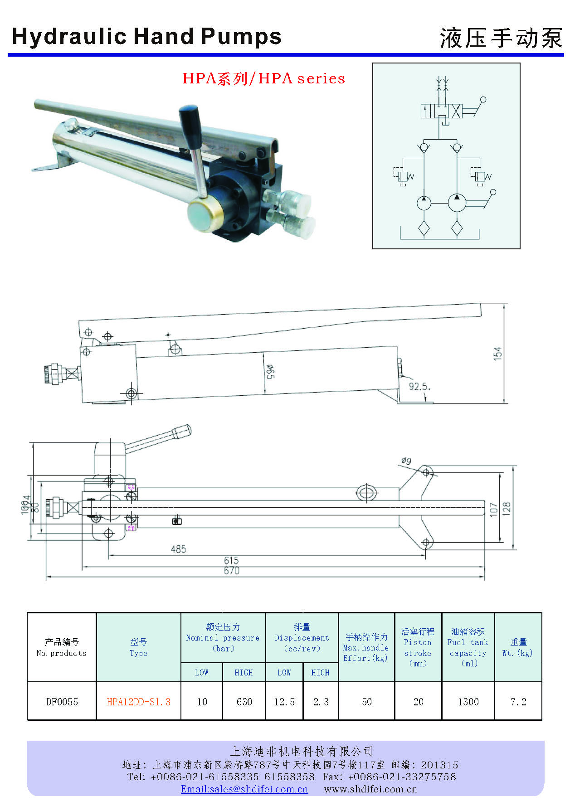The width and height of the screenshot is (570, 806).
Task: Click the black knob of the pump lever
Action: click(190, 122)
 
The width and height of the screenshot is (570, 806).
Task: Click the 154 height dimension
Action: click(498, 353)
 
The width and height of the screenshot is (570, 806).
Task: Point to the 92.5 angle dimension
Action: click(419, 387)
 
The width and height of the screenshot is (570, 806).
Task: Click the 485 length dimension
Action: click(178, 549)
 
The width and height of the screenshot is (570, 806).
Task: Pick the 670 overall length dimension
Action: click(231, 571)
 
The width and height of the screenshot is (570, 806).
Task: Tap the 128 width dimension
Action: click(507, 508)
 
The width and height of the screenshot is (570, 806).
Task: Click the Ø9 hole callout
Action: click(406, 461)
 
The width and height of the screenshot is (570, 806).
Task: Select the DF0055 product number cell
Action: click(62, 702)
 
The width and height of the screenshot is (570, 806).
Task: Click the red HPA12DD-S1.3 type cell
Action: click(138, 702)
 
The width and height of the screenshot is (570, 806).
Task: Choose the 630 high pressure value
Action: click(244, 702)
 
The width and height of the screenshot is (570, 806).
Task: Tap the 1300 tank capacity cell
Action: click(468, 702)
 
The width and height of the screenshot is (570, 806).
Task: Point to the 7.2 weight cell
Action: click(518, 702)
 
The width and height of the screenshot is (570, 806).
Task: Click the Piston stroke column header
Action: click(418, 647)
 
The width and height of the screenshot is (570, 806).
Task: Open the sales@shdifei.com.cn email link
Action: click(244, 789)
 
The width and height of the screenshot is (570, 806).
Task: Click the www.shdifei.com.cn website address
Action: click(370, 789)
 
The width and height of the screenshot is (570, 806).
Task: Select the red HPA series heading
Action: click(263, 78)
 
